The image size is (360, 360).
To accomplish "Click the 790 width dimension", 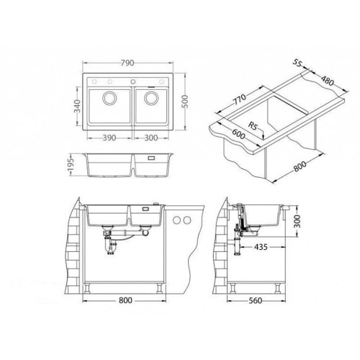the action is pyautogui.click(x=127, y=63).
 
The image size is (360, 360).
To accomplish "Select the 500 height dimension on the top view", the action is pyautogui.click(x=185, y=102).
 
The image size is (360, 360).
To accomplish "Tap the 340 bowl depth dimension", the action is pyautogui.click(x=77, y=106).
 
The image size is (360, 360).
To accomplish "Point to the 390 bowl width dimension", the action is pyautogui.click(x=109, y=138).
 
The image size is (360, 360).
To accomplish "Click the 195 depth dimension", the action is pyautogui.click(x=71, y=166).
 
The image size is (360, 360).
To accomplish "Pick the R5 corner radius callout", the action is pyautogui.click(x=253, y=126).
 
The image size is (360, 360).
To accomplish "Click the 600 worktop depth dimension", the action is pyautogui.click(x=238, y=134).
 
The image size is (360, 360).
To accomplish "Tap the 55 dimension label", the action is pyautogui.click(x=297, y=63).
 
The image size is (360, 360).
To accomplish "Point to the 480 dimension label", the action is pyautogui.click(x=328, y=81).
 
